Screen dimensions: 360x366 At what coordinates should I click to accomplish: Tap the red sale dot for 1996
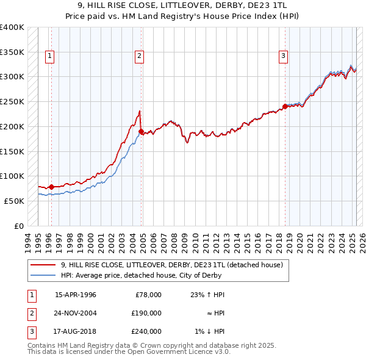point(51,187)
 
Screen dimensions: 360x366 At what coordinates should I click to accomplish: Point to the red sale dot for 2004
point(142,131)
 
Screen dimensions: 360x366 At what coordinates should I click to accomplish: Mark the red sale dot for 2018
point(285,106)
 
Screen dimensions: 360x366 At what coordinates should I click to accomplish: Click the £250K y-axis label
point(12,102)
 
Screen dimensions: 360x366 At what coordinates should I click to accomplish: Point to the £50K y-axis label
point(13,201)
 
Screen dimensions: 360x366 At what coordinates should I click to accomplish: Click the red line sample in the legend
point(43,265)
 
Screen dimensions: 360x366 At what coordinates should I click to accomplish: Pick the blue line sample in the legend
point(43,275)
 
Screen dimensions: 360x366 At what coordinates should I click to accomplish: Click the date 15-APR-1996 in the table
point(76,295)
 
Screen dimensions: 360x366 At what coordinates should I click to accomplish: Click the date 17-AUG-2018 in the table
point(76,331)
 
